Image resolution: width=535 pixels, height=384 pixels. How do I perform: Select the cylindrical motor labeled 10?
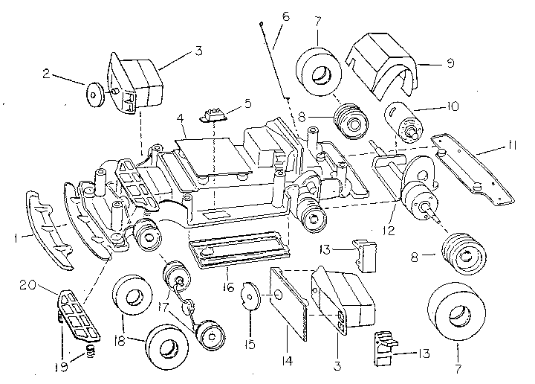(403, 121)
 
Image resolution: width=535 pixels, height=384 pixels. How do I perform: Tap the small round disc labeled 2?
(95, 94)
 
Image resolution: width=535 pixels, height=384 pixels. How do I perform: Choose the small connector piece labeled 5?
(212, 114)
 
